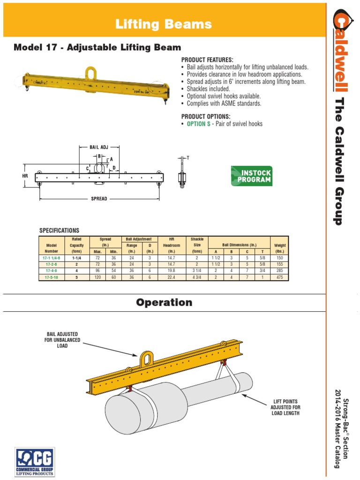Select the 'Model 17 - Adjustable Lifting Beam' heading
coord(97,47)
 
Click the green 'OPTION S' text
coord(199,124)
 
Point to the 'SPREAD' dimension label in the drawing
coord(99,199)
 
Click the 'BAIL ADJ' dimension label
coord(99,147)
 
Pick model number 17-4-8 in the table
coord(51,270)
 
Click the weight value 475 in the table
coord(280,277)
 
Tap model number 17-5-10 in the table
coord(51,277)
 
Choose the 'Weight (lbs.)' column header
coord(280,248)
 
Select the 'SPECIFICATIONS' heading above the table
coord(59,231)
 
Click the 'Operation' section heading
coord(164,302)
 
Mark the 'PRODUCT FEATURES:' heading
coord(207,60)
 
